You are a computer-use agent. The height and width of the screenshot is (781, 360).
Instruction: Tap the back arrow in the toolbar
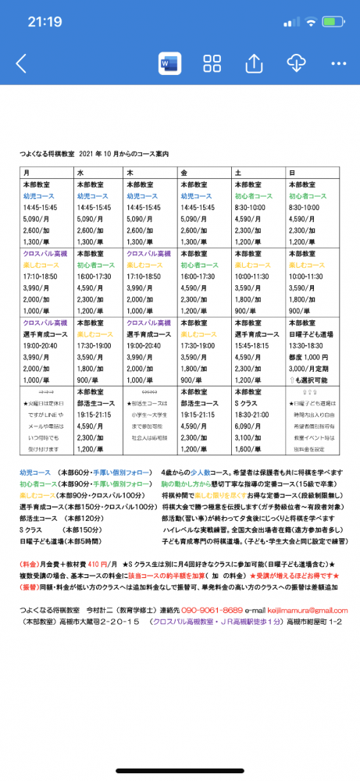point(21,63)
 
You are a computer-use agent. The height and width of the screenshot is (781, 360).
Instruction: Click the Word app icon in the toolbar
point(169,63)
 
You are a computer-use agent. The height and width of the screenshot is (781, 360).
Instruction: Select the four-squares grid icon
point(212,63)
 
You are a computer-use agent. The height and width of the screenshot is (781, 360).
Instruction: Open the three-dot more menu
point(338,63)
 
